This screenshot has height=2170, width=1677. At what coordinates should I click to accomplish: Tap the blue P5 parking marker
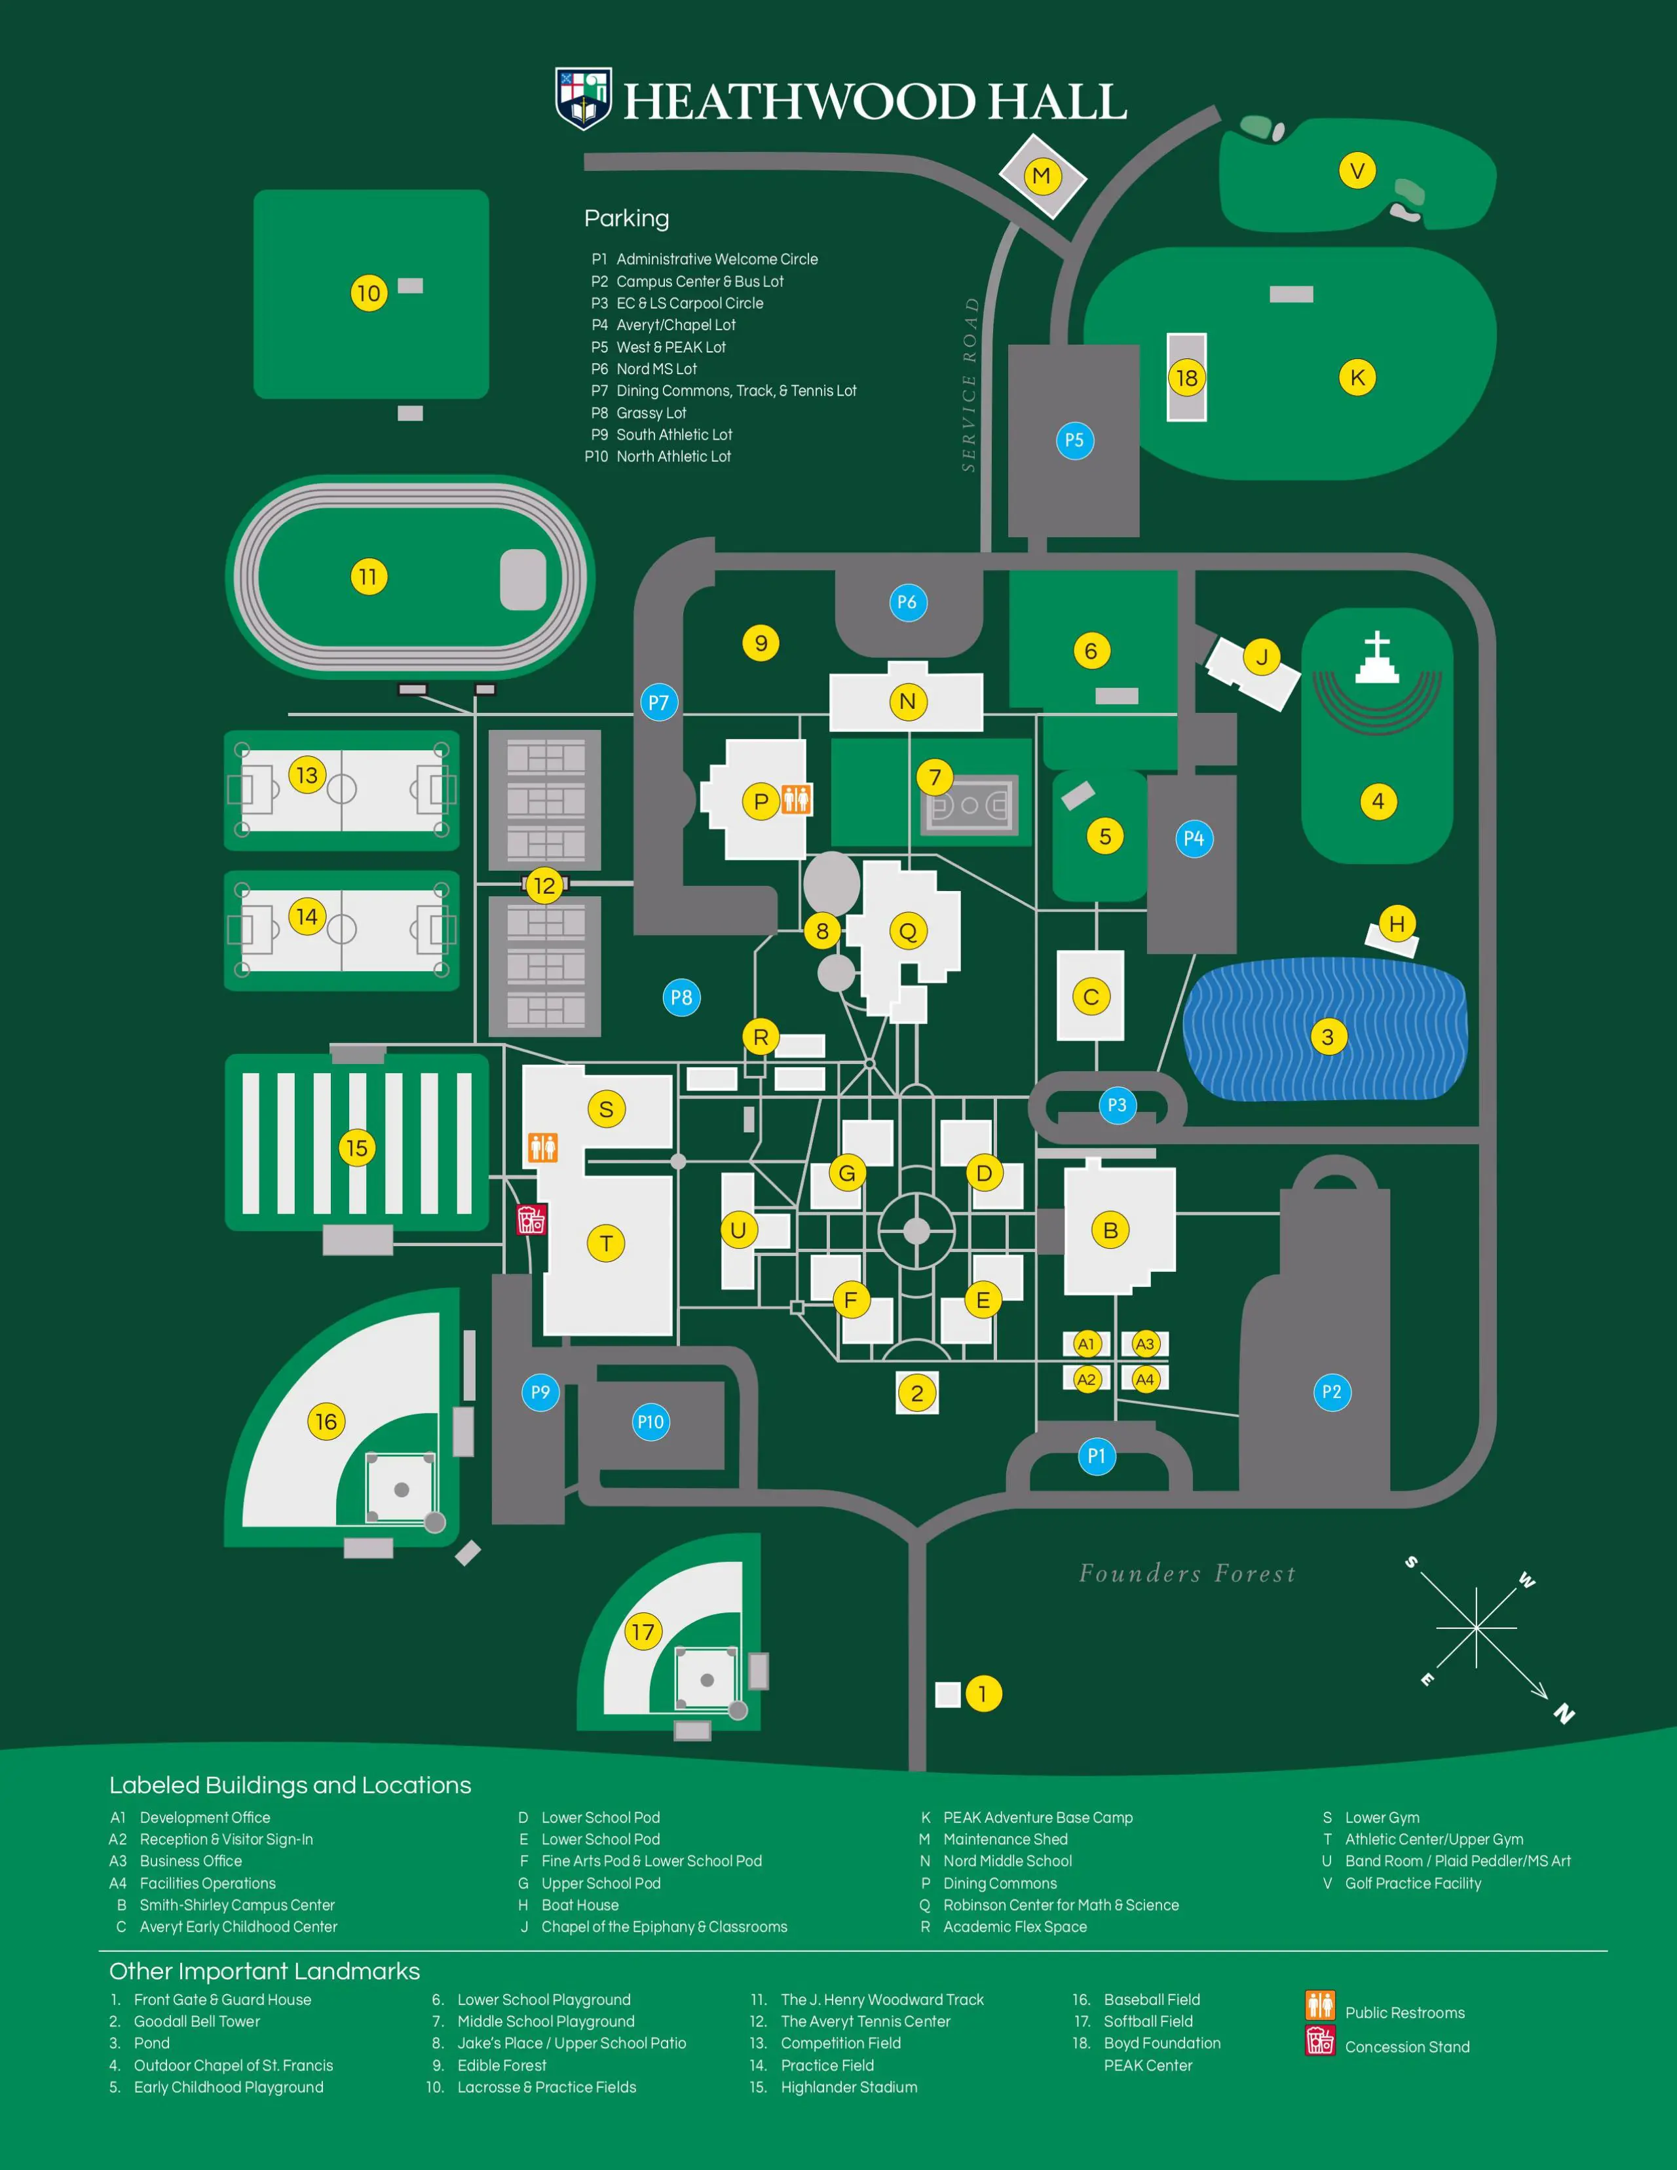pos(1074,440)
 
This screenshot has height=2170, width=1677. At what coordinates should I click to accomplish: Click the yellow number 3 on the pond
pos(1327,1037)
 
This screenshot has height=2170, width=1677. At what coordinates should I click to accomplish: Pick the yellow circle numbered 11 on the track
pos(369,577)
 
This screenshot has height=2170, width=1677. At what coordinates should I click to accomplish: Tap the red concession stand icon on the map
pos(531,1219)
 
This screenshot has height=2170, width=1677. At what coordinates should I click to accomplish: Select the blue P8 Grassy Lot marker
pos(681,998)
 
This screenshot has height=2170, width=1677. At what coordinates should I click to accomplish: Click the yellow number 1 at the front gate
pos(983,1693)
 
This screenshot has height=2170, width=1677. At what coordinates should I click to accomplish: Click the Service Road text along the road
pos(970,385)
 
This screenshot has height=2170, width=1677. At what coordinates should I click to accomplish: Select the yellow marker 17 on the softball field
pos(643,1631)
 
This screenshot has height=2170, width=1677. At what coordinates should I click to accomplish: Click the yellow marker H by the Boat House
pos(1397,924)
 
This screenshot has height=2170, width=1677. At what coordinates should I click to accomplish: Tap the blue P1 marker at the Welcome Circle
pos(1097,1456)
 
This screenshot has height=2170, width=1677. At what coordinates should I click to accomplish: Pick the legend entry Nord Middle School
pos(1008,1861)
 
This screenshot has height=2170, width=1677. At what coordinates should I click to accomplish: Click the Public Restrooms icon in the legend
pos(1319,2005)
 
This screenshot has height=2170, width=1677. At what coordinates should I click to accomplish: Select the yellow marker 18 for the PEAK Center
pos(1186,377)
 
